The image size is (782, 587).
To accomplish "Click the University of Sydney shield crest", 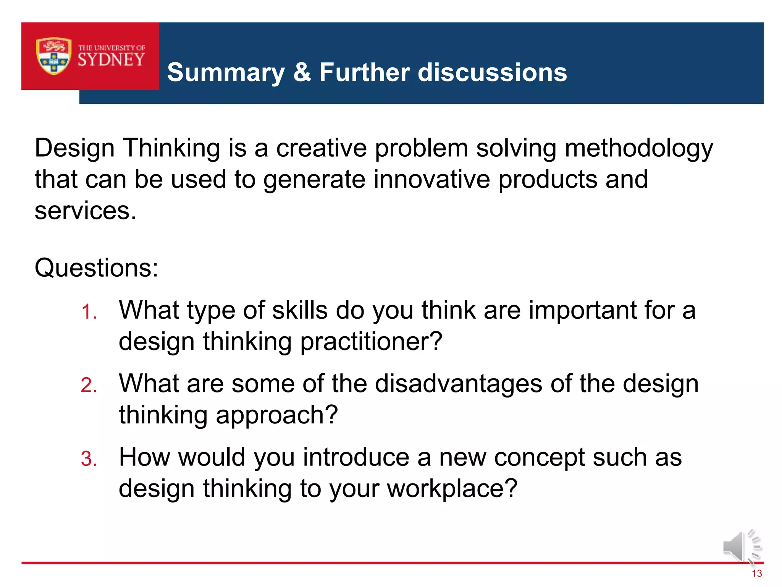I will (53, 56).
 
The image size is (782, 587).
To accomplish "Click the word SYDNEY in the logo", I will (111, 60).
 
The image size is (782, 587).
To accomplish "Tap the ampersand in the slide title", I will (302, 72).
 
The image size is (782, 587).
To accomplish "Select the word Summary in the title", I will (226, 73).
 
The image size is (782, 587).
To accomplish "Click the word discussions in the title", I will (492, 72).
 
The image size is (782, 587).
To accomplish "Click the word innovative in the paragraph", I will (431, 179).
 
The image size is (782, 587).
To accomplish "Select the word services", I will (85, 211).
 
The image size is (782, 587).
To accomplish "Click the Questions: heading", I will (96, 268).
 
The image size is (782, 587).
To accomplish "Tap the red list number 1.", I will (89, 312).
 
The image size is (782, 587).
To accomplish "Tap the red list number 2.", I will (89, 385).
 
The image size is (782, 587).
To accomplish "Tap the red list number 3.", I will (89, 459).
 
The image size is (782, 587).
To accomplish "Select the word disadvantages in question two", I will (458, 384).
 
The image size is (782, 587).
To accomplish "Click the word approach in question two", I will (277, 415).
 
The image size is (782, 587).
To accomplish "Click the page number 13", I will (756, 574).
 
